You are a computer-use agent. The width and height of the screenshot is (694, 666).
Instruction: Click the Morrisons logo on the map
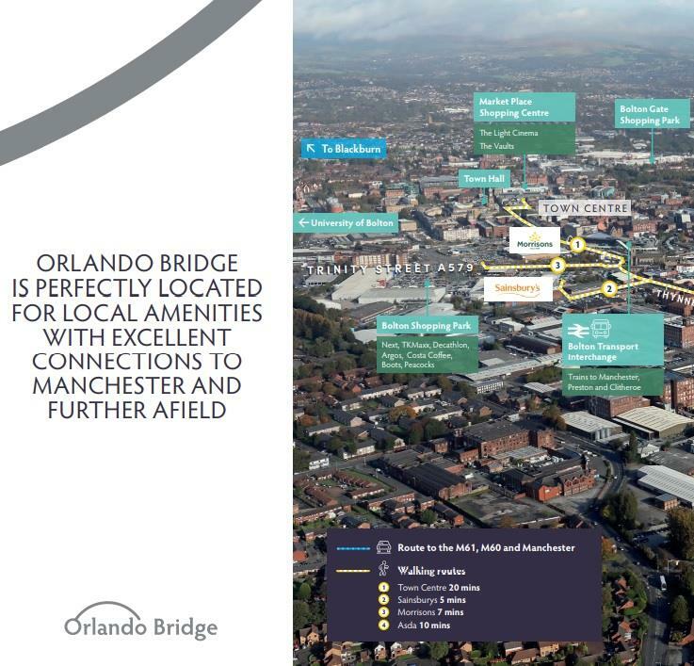point(534,240)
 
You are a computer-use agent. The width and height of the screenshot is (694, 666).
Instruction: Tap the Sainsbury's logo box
point(518,288)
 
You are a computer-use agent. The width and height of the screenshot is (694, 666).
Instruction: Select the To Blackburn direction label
point(344,149)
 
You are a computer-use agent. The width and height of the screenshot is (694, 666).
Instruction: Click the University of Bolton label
point(346,223)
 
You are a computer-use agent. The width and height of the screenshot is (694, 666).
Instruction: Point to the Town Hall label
point(484,178)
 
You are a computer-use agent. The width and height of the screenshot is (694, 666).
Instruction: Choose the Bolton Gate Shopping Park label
point(650,115)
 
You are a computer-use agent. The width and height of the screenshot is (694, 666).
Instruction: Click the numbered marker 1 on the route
point(578,244)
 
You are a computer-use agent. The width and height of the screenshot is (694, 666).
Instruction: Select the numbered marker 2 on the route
point(609,289)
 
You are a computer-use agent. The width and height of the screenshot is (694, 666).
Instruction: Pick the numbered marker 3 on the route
point(558,266)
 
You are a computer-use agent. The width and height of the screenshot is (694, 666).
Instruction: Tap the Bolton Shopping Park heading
point(427,326)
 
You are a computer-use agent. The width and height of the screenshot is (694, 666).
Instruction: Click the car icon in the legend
point(383,547)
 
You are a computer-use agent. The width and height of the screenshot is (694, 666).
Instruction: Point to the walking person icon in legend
point(383,569)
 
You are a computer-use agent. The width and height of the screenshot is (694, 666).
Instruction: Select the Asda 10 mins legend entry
point(423,625)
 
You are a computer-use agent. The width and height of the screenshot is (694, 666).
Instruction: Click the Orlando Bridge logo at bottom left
point(140,622)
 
